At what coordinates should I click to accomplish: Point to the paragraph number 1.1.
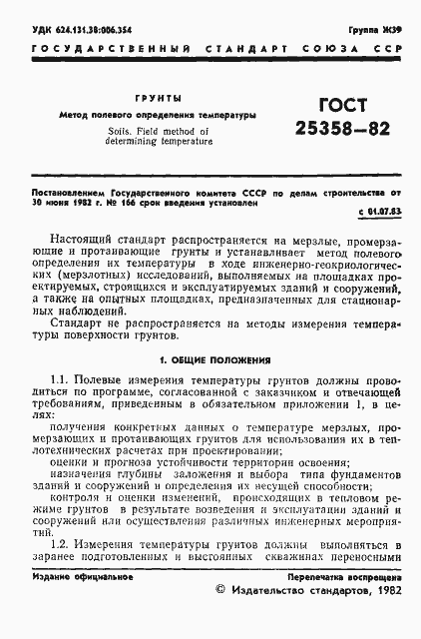(61, 382)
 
